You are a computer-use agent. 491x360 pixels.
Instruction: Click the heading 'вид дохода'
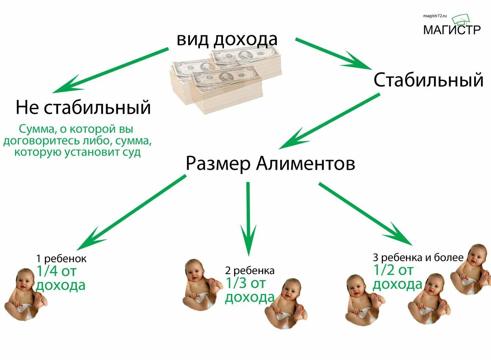pyautogui.click(x=227, y=39)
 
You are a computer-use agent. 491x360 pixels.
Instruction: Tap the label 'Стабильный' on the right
pyautogui.click(x=428, y=80)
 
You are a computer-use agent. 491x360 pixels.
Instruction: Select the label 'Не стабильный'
pyautogui.click(x=83, y=107)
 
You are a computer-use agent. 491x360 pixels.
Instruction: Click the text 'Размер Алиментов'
pyautogui.click(x=270, y=163)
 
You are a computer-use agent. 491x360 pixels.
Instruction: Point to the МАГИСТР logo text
pyautogui.click(x=452, y=30)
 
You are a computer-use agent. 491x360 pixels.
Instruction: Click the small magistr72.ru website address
pyautogui.click(x=435, y=16)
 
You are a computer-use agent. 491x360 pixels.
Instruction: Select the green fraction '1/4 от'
pyautogui.click(x=56, y=271)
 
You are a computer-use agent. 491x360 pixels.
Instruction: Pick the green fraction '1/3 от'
pyautogui.click(x=245, y=283)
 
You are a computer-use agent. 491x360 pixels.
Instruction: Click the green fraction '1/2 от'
pyautogui.click(x=393, y=270)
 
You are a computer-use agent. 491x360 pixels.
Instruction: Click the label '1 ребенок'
pyautogui.click(x=61, y=259)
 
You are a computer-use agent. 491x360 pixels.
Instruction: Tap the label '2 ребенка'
pyautogui.click(x=250, y=271)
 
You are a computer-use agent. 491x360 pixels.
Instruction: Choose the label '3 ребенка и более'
pyautogui.click(x=418, y=257)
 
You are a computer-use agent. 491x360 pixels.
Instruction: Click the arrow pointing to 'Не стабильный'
pyautogui.click(x=111, y=70)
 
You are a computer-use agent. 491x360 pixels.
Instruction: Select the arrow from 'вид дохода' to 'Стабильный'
pyautogui.click(x=334, y=53)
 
